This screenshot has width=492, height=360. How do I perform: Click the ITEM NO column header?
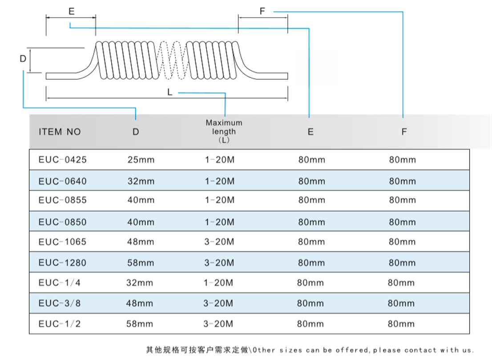point(60,132)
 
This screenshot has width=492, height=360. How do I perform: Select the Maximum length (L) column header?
point(224,131)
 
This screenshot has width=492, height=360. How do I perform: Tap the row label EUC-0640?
point(62,181)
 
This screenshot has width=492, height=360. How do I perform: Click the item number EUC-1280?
point(62,263)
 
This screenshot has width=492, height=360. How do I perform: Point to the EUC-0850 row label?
point(62,222)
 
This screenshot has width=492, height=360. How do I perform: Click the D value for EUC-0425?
point(141,160)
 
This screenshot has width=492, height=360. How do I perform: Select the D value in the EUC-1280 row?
point(141,263)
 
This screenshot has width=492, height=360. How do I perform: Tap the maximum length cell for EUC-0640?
point(219,181)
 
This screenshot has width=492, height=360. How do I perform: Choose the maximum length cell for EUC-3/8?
point(218,303)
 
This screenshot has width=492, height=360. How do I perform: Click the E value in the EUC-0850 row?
point(311,222)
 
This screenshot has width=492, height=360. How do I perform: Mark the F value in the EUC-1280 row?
point(402,263)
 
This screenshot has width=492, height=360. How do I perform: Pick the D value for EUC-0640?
point(141,181)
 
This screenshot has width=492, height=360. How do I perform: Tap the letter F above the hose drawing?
point(262,11)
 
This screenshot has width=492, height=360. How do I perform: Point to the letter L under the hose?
point(170,92)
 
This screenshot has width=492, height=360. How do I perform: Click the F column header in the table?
point(404,132)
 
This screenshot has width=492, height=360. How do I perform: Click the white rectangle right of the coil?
point(317,66)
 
